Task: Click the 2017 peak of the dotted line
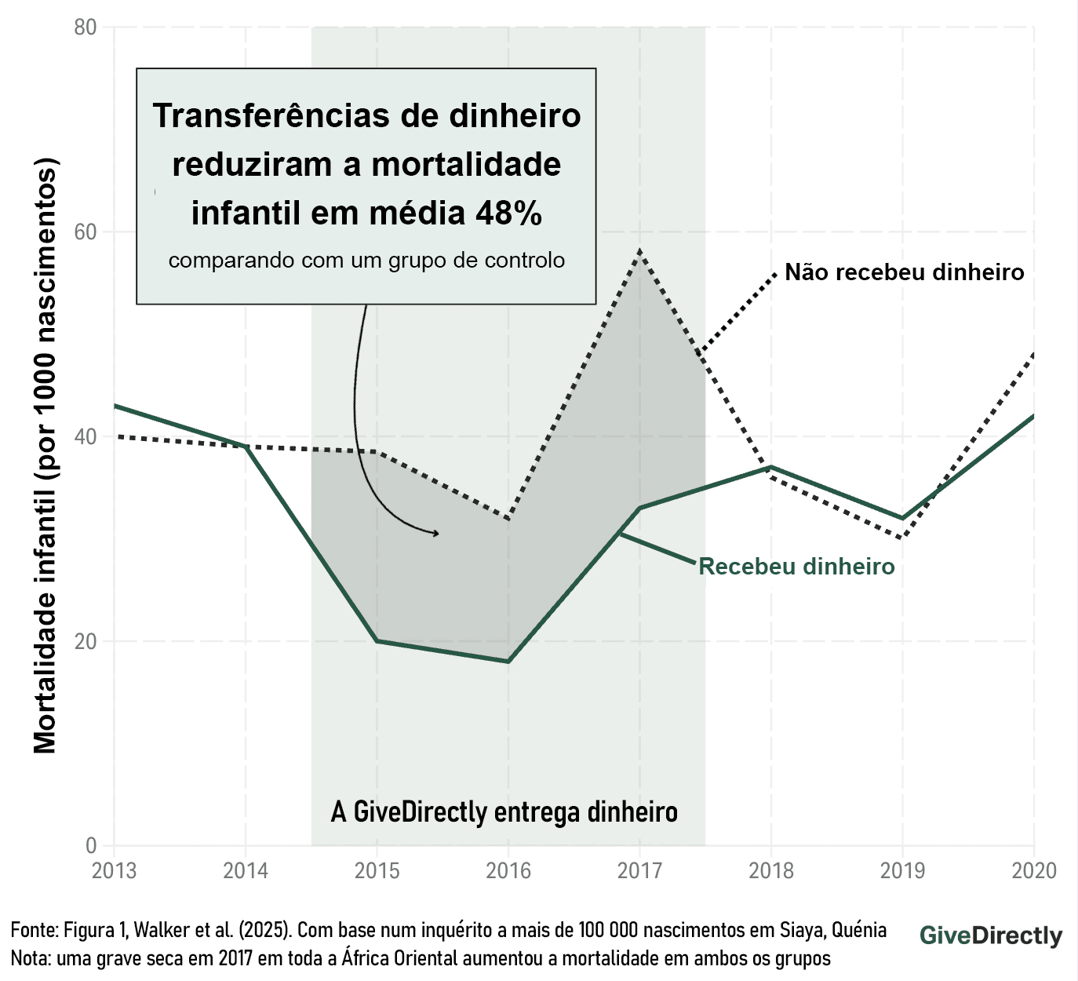tap(640, 251)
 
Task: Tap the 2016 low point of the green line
tap(508, 662)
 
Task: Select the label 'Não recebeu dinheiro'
tap(904, 272)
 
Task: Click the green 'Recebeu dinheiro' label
tap(796, 567)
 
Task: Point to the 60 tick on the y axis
tap(86, 232)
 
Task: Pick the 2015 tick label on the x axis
tap(377, 870)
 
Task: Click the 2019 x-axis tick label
tap(902, 870)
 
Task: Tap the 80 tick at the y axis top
tap(86, 27)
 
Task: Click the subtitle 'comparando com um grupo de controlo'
tap(366, 261)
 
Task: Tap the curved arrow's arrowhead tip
tap(439, 534)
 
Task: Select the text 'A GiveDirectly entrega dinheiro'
tap(504, 811)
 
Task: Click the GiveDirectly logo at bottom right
tap(991, 935)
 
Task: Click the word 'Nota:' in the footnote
tap(31, 958)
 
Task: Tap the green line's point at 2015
tap(377, 641)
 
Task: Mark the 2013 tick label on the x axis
tap(115, 870)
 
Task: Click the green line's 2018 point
tap(771, 468)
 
